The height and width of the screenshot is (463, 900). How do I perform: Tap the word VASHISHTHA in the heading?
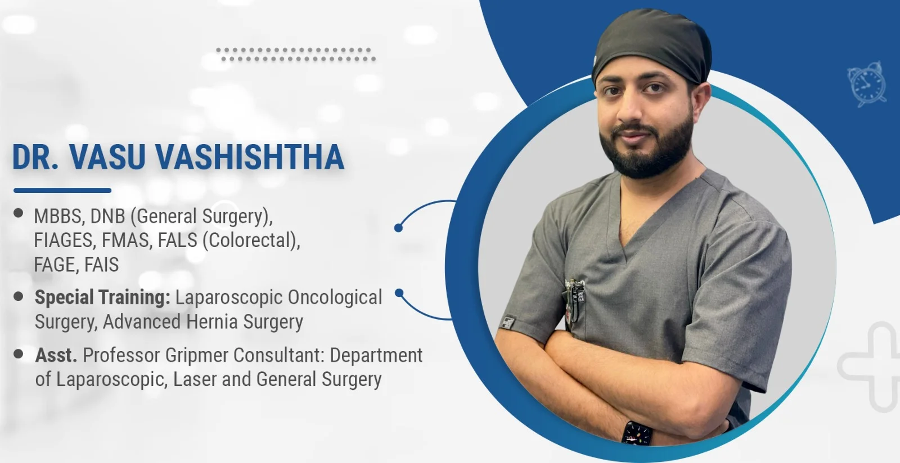(x=250, y=156)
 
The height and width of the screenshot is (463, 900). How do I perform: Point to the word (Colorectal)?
(x=251, y=241)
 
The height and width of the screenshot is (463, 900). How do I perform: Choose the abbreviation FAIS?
(x=101, y=264)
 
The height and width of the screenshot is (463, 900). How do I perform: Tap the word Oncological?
(x=335, y=298)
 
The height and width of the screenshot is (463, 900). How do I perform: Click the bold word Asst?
(x=56, y=356)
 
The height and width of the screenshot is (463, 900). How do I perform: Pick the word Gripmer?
(x=196, y=356)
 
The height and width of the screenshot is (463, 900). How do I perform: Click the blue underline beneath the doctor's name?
(x=62, y=191)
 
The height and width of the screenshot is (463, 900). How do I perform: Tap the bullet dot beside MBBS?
(x=18, y=213)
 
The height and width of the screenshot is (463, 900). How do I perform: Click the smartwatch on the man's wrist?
(x=637, y=433)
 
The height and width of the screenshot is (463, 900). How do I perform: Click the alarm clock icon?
(x=867, y=84)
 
